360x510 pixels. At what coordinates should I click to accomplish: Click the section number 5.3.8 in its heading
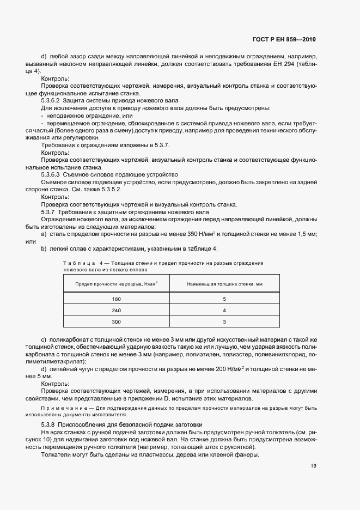pos(49,424)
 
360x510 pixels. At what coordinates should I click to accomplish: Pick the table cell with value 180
pos(117,299)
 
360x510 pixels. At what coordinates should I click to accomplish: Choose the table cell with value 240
pos(117,311)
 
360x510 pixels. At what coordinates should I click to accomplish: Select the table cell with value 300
pos(117,322)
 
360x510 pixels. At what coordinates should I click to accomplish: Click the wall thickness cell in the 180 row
pos(224,299)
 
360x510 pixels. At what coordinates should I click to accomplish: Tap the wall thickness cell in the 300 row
pos(224,322)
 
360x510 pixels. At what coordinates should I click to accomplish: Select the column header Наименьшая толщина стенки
pos(224,284)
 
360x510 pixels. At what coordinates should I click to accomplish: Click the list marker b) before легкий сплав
pos(44,248)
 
